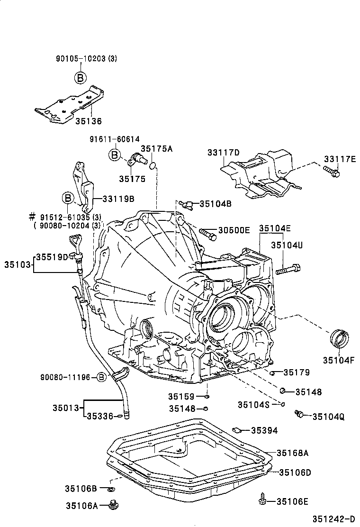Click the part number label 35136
pyautogui.click(x=88, y=121)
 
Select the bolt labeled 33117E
pyautogui.click(x=332, y=172)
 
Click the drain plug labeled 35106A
pyautogui.click(x=113, y=505)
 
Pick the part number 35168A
pyautogui.click(x=293, y=453)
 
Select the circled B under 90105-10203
pyautogui.click(x=80, y=78)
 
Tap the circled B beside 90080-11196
pyautogui.click(x=101, y=377)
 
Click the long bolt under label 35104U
pyautogui.click(x=286, y=271)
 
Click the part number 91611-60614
pyautogui.click(x=115, y=139)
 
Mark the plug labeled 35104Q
pyautogui.click(x=299, y=414)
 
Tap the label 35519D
pyautogui.click(x=53, y=257)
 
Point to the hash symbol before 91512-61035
pyautogui.click(x=32, y=217)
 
